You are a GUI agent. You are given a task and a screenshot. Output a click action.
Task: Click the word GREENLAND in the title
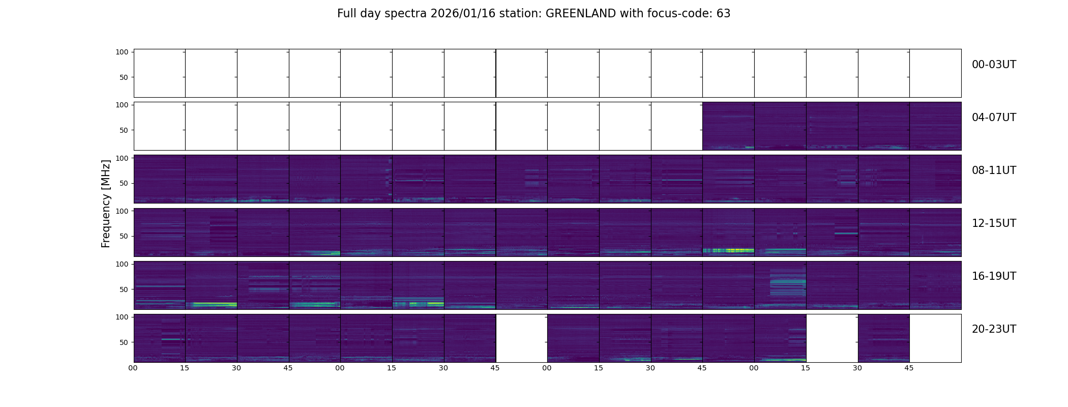tap(581, 14)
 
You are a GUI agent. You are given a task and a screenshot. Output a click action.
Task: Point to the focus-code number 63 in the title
tap(723, 14)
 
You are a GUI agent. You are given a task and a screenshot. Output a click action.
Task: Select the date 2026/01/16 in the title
tap(466, 14)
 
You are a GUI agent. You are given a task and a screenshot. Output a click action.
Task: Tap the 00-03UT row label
tap(994, 65)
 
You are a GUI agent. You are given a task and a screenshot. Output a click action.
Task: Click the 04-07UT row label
tap(994, 118)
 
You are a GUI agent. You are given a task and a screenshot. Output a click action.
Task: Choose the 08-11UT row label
tap(994, 170)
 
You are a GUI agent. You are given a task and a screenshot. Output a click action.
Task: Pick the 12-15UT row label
tap(994, 223)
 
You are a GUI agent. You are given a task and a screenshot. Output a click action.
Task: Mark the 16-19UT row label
tap(994, 276)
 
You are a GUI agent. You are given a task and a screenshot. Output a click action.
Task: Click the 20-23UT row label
tap(994, 329)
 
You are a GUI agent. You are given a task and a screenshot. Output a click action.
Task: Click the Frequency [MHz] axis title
tap(106, 203)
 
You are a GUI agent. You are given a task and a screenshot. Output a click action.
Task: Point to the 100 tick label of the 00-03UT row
tap(122, 52)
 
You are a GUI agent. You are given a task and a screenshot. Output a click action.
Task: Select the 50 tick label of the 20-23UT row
tap(124, 342)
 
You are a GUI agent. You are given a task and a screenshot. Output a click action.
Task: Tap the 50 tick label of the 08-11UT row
tap(124, 183)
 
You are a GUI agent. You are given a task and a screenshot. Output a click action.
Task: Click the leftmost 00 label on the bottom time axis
tap(133, 368)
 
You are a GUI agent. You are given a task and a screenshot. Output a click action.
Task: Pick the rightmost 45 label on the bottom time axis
tap(909, 368)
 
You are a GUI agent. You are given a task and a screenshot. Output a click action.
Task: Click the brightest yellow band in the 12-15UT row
tap(728, 250)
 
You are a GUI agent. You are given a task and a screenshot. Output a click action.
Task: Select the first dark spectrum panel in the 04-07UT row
tap(728, 126)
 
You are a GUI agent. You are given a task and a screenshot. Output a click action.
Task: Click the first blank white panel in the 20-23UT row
tap(521, 338)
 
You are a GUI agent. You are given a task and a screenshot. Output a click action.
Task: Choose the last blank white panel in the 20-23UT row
tap(935, 338)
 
